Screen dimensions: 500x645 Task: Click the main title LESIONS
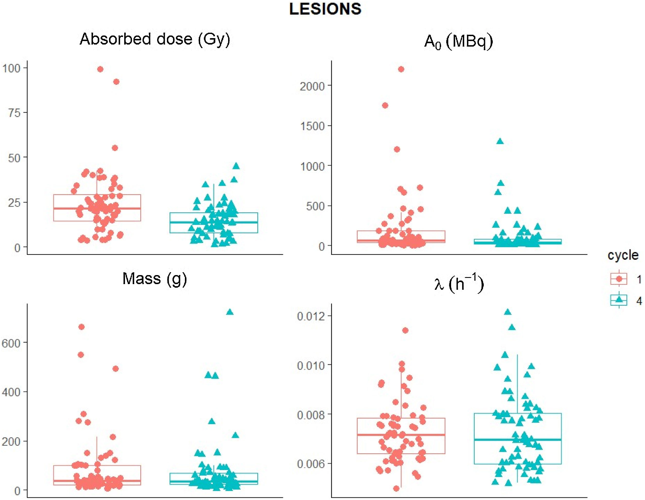325,9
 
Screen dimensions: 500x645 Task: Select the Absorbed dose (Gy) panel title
155,39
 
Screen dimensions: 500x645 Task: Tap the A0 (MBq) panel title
459,42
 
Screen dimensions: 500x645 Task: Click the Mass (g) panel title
155,279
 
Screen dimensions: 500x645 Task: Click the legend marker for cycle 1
619,279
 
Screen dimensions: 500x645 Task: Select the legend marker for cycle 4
619,300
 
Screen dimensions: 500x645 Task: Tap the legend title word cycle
623,255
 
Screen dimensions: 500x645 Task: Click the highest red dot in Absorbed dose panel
100,69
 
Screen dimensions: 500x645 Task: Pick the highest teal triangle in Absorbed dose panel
236,166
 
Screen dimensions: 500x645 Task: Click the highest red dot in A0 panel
401,69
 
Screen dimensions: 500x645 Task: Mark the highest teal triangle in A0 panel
500,141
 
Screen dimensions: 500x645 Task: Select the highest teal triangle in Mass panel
230,312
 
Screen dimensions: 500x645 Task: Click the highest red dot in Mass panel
81,327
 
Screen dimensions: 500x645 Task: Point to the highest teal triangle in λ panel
508,312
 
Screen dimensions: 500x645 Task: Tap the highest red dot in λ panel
405,330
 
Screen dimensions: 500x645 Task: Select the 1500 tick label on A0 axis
312,126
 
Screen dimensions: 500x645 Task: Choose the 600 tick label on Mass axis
11,343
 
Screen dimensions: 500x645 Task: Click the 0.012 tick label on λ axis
311,316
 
